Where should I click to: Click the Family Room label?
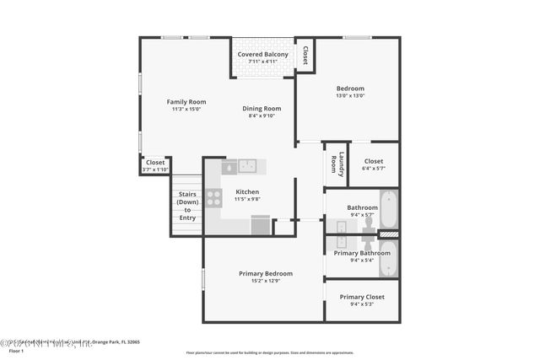point(186,102)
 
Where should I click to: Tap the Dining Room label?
point(262,109)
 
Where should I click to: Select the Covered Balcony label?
point(262,55)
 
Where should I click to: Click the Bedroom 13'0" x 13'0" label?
point(350,89)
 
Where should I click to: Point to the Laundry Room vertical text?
point(336,164)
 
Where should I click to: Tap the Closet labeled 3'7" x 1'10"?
point(155,163)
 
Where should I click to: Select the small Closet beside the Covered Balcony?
point(305,55)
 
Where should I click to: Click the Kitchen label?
point(247,191)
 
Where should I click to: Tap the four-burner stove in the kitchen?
point(214,198)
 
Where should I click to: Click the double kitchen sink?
point(247,166)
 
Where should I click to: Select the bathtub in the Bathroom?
point(388,208)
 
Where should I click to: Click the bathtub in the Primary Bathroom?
point(388,258)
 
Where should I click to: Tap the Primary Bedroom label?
point(266,274)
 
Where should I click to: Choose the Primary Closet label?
point(362,297)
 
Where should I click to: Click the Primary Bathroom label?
point(362,253)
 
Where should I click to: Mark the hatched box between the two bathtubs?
point(388,234)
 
